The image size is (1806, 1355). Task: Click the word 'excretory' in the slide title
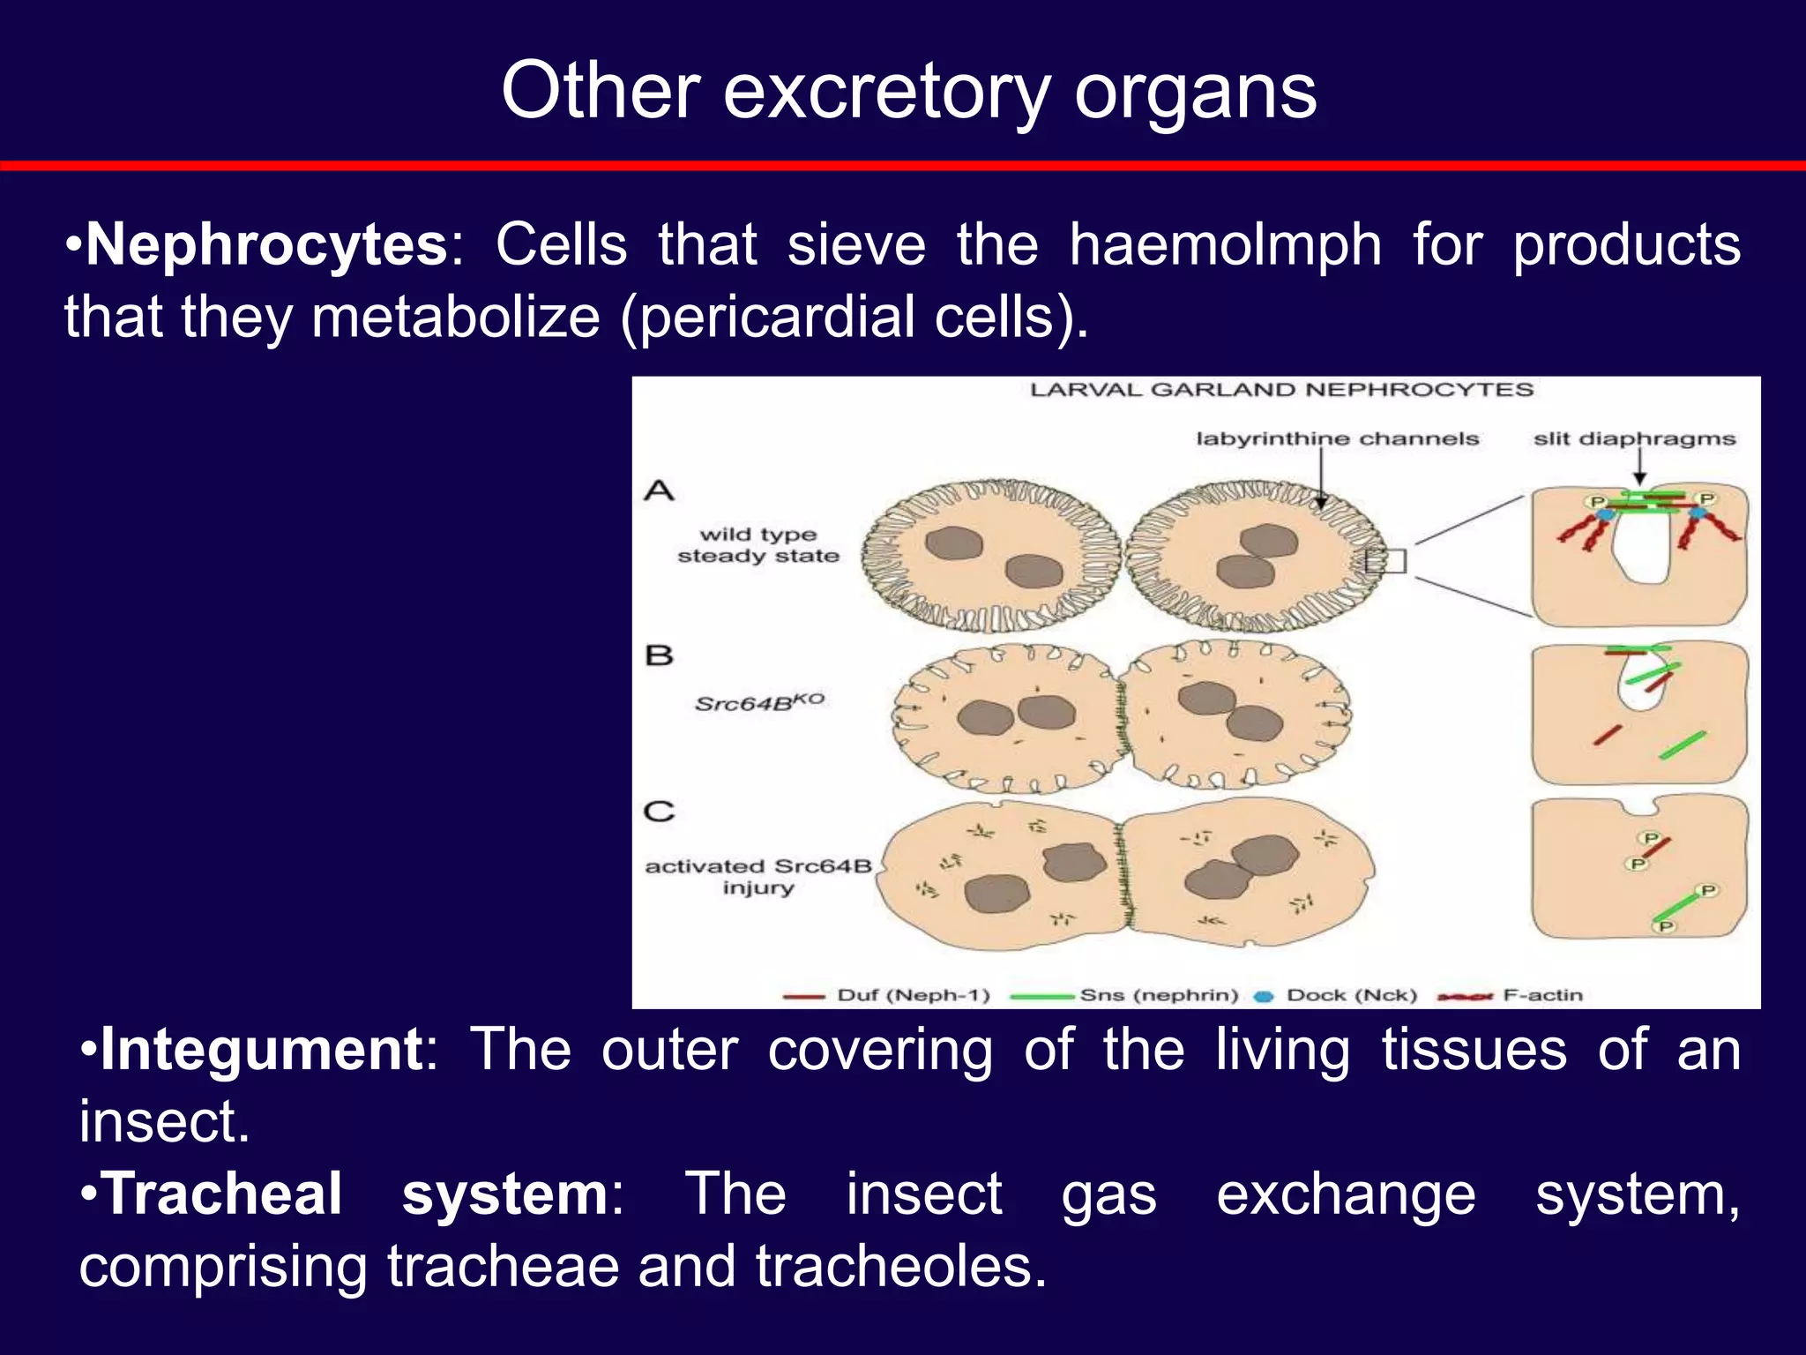pos(885,93)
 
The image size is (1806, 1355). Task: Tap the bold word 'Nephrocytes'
pos(266,244)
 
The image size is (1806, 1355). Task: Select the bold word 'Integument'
pos(261,1049)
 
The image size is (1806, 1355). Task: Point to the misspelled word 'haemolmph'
pos(1225,244)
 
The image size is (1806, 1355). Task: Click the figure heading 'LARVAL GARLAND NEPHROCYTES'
pos(1281,390)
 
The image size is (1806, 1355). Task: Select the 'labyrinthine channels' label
pos(1337,438)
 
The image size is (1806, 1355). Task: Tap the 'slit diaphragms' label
pos(1634,438)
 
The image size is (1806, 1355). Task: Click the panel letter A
pos(659,490)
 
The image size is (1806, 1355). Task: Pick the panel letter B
pos(659,655)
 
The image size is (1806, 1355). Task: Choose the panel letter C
pos(659,811)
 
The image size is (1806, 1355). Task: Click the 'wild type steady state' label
pos(758,545)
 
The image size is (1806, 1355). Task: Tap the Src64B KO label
pos(758,703)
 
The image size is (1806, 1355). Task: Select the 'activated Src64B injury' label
pos(758,876)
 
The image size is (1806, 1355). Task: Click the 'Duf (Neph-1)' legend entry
pos(913,995)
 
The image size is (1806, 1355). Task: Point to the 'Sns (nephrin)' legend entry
pos(1158,995)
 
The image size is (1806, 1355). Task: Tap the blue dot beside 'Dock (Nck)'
pos(1265,996)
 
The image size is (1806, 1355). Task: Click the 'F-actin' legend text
pos(1542,995)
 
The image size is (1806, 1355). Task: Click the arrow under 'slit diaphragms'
pos(1639,468)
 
